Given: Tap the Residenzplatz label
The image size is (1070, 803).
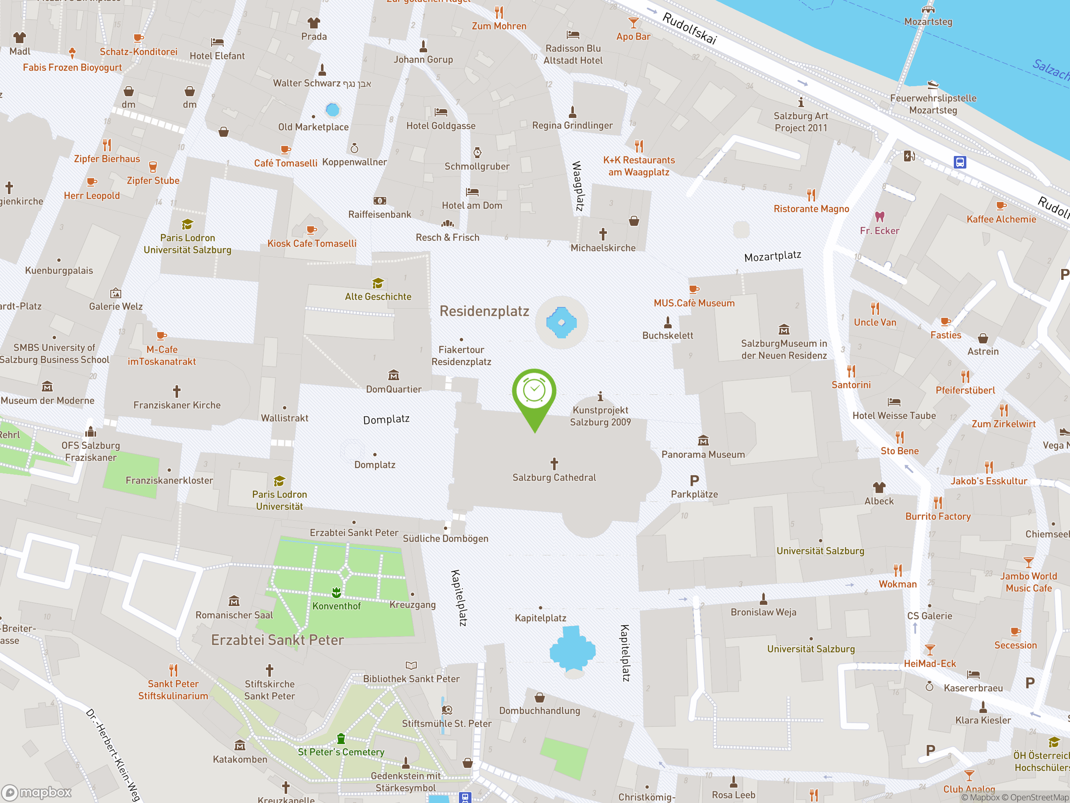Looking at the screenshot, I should pos(484,311).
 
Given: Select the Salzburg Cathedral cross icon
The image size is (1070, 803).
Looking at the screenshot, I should pos(554,464).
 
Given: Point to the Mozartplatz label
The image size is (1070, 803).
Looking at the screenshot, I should pos(772,256).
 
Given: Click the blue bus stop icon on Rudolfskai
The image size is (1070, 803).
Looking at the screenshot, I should pos(960,162).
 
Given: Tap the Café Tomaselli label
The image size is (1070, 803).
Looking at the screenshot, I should pos(285,163).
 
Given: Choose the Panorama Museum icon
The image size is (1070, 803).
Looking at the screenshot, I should pos(703,440).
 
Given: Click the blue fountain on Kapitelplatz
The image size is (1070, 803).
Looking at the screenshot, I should pos(572,650).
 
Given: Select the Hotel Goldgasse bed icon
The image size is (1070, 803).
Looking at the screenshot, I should pos(441,112).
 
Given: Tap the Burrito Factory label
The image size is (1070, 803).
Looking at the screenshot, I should pos(938,517).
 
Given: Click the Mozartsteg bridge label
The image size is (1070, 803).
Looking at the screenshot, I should pos(928,22).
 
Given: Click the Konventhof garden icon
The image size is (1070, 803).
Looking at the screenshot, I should pos(336,592).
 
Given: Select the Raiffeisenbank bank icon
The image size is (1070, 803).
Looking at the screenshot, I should pos(380,200).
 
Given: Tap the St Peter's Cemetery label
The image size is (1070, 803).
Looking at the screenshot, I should pos(341,752).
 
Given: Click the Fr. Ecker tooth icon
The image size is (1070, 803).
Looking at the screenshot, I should pos(879,216).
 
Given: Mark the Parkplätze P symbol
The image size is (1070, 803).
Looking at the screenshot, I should pos(694,481).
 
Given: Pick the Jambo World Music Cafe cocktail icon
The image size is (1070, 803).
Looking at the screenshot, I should pos(1028,563).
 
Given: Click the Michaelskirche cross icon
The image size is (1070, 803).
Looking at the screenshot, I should pos(603,234).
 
